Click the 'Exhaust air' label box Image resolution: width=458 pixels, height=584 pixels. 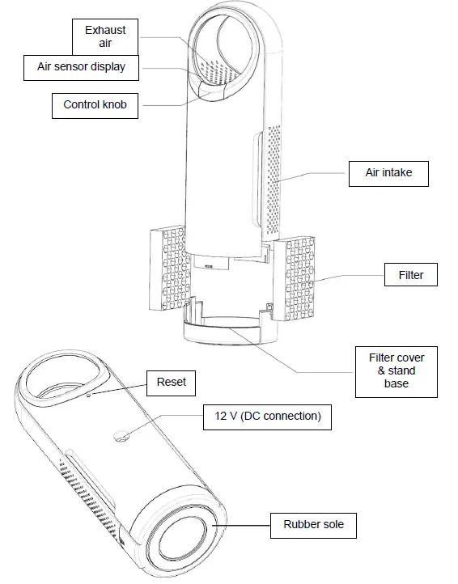(105, 36)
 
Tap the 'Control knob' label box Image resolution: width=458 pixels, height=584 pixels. (95, 104)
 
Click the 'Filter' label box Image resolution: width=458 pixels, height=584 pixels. (411, 275)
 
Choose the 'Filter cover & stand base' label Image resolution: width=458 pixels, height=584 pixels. (397, 370)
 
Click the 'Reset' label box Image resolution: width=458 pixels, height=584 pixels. (171, 382)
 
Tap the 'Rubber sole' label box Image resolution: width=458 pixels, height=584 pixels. (313, 524)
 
